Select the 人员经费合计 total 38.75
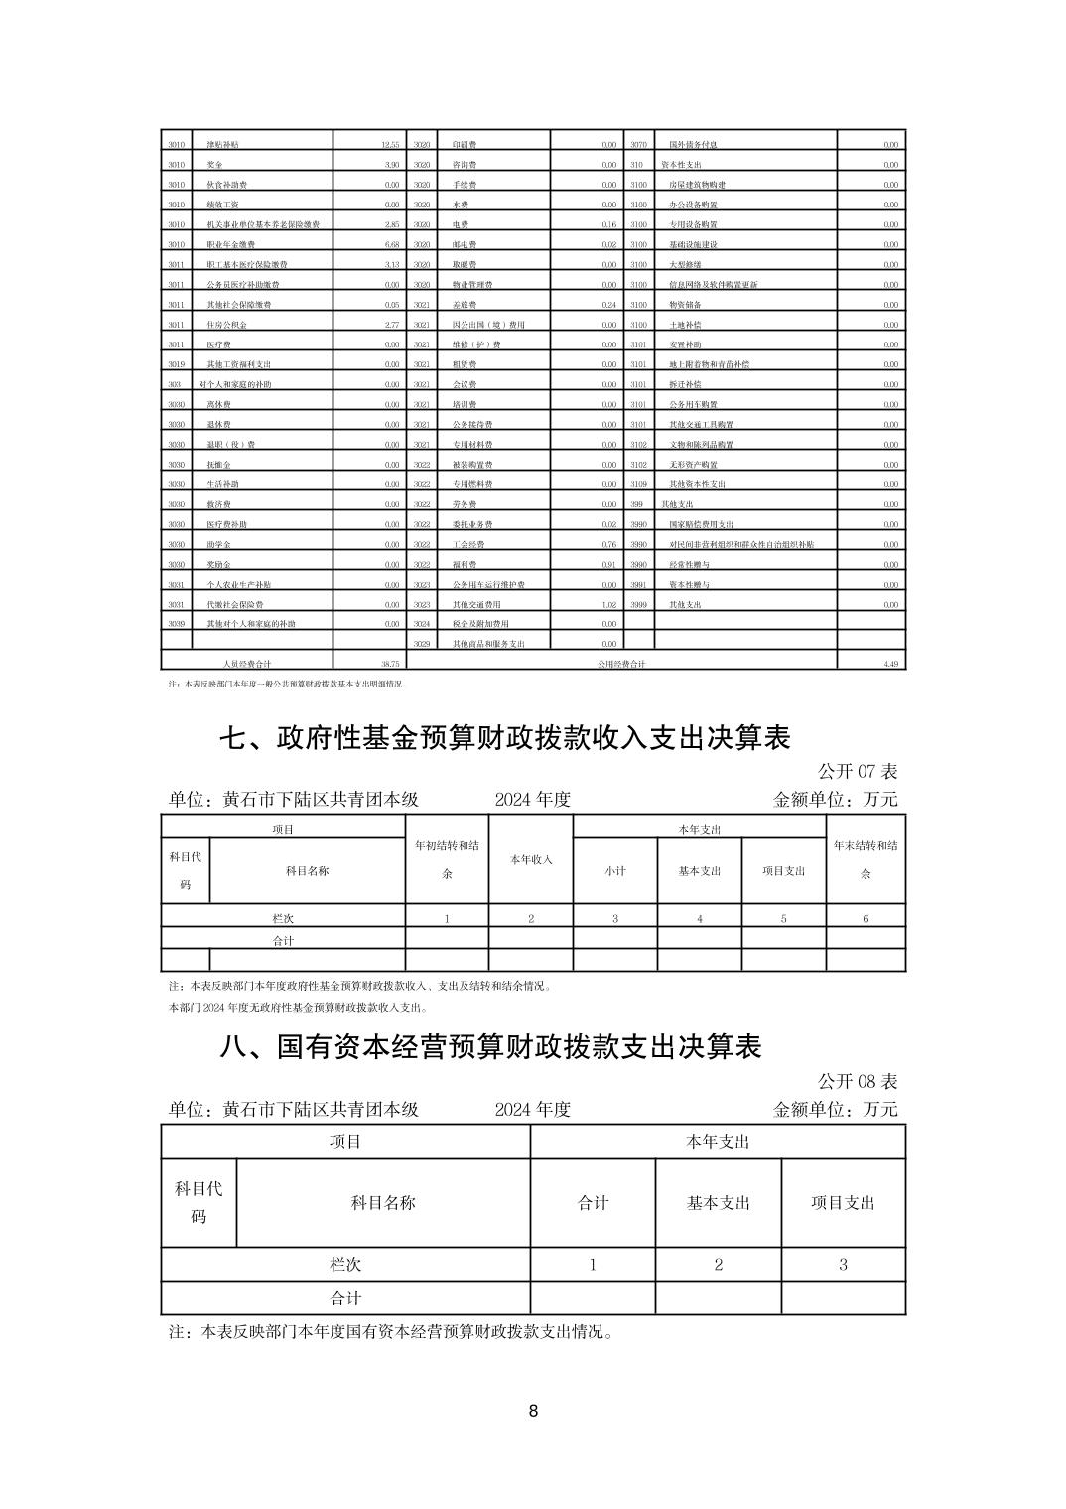click(x=388, y=664)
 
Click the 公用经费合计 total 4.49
click(x=890, y=664)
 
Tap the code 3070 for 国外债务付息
click(x=638, y=145)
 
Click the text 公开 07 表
click(x=858, y=771)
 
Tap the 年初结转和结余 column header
click(x=447, y=859)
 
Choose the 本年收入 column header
click(x=531, y=859)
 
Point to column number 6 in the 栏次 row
click(x=866, y=918)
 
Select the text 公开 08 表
click(x=858, y=1081)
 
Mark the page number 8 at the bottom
click(x=534, y=1411)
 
